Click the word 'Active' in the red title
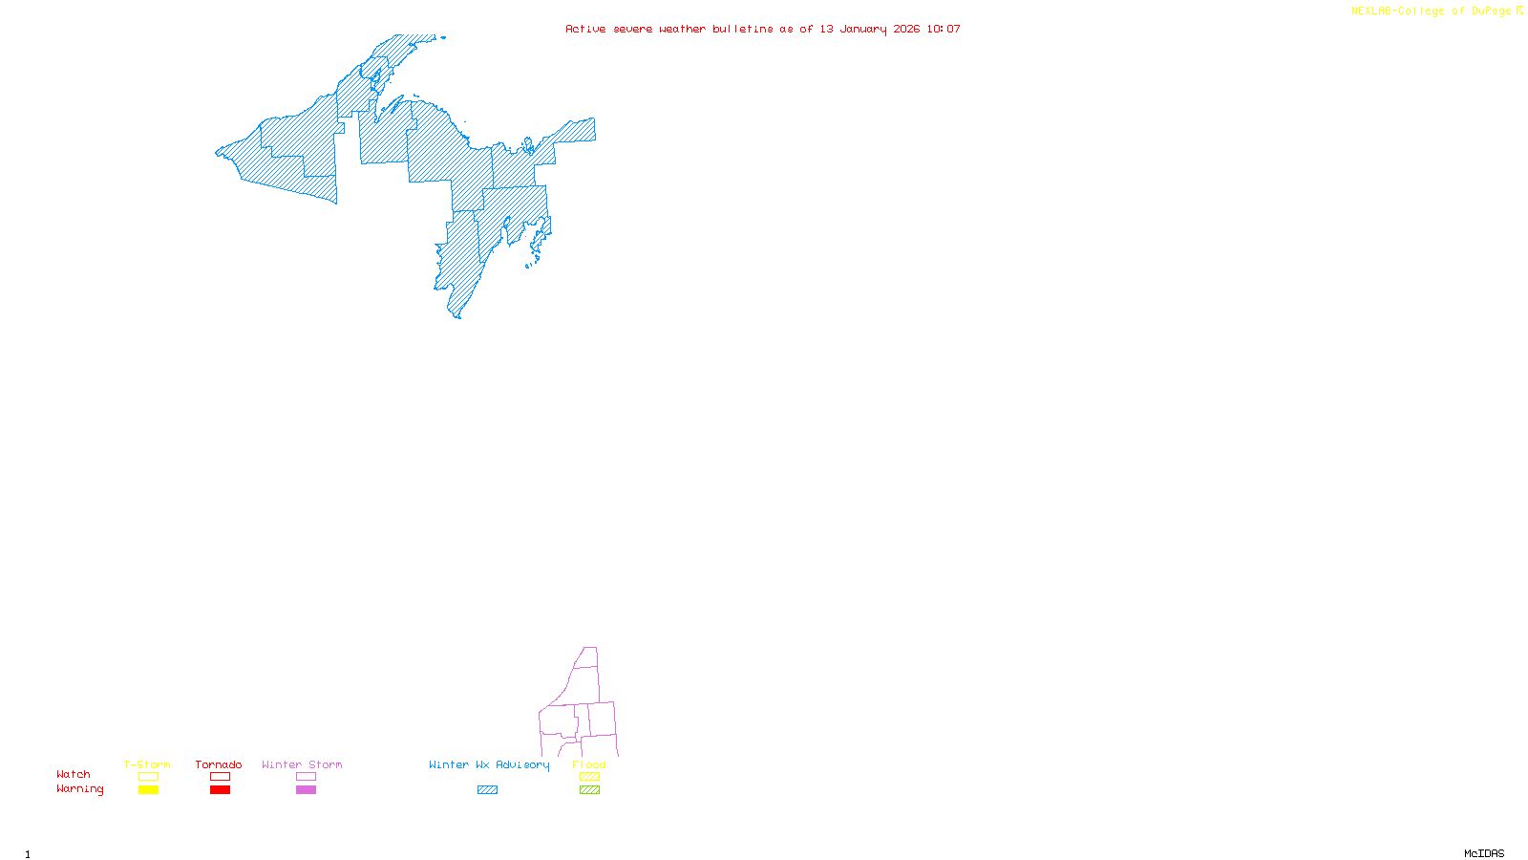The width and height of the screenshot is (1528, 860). click(585, 29)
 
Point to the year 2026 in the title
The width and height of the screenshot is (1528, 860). click(906, 29)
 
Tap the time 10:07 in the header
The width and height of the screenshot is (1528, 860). click(944, 29)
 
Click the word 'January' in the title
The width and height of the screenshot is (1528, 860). click(863, 29)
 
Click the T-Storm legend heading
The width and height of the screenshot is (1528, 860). click(147, 764)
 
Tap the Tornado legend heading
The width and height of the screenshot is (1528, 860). click(219, 764)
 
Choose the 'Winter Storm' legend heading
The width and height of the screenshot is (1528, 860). click(302, 764)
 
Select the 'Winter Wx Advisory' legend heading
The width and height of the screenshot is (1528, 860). click(489, 764)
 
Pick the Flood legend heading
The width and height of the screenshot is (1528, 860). click(589, 764)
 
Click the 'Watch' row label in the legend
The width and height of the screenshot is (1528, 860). click(74, 774)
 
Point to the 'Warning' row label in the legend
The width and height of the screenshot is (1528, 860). click(79, 789)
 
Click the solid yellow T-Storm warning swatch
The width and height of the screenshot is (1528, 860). click(148, 790)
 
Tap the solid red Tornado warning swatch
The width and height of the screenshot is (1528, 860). click(221, 790)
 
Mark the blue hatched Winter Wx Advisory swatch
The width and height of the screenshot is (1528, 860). click(487, 790)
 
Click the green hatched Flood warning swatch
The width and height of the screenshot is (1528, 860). click(590, 790)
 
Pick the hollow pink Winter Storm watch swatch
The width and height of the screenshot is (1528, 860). click(306, 777)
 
